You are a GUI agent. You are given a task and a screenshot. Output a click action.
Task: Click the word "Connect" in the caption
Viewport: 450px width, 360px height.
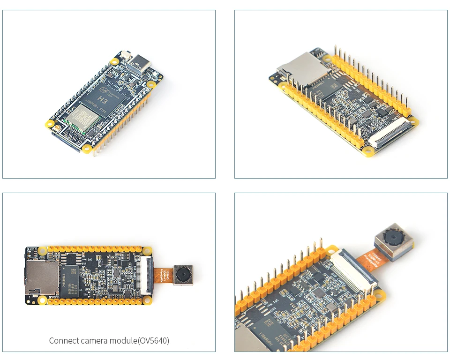63,341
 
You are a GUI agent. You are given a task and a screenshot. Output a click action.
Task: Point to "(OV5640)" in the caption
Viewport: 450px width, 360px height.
153,341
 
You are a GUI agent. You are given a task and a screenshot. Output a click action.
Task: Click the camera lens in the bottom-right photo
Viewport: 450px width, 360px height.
390,236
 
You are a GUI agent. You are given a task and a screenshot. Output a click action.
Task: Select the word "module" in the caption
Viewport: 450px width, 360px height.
123,341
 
